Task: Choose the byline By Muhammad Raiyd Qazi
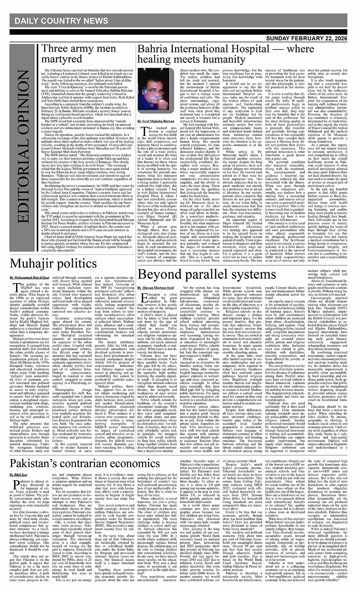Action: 30,277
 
